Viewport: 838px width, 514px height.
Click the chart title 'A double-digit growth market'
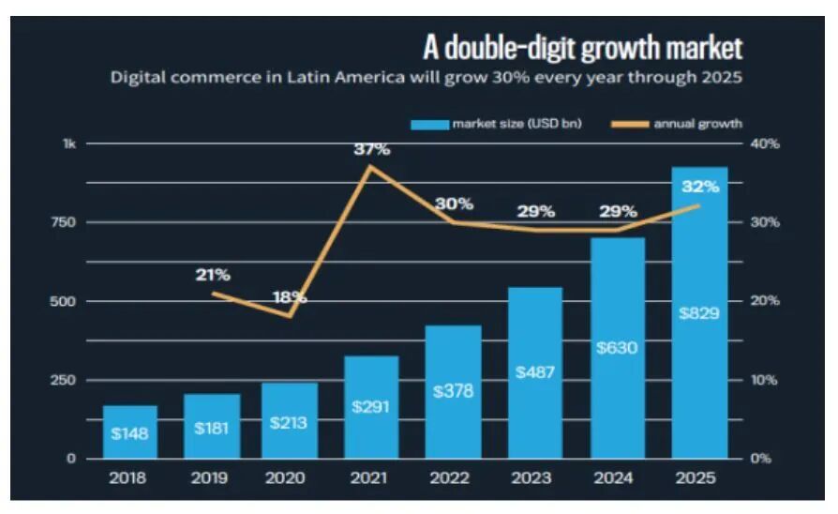(584, 48)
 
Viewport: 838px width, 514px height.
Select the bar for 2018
(130, 432)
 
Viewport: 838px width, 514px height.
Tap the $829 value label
(699, 312)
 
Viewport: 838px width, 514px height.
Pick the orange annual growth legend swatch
(630, 123)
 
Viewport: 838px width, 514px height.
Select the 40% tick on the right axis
(766, 144)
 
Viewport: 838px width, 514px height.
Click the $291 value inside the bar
(372, 407)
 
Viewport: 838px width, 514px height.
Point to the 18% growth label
(290, 296)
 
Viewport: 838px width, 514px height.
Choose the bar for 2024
(618, 348)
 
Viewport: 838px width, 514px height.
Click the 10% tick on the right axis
(766, 380)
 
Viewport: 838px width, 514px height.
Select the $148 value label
(130, 433)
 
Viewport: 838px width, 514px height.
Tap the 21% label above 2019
(213, 275)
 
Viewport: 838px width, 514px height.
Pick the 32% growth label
(699, 187)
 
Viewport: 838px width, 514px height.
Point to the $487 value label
(535, 371)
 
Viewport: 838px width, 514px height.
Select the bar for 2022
(454, 392)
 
